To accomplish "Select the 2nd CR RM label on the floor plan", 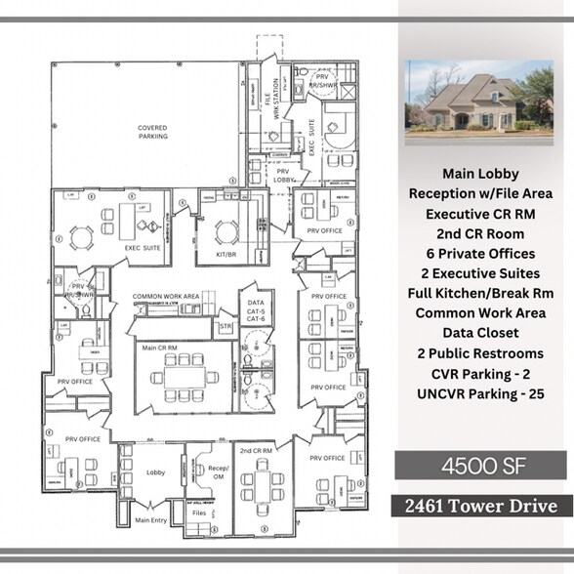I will [255, 451].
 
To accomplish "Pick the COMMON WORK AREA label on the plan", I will [166, 295].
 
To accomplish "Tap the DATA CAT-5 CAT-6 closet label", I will [256, 312].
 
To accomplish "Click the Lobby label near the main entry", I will [155, 470].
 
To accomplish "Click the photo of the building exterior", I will [478, 102].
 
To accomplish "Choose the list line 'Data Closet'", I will [479, 333].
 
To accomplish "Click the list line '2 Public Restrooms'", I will [479, 352].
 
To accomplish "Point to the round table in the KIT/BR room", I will [226, 231].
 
